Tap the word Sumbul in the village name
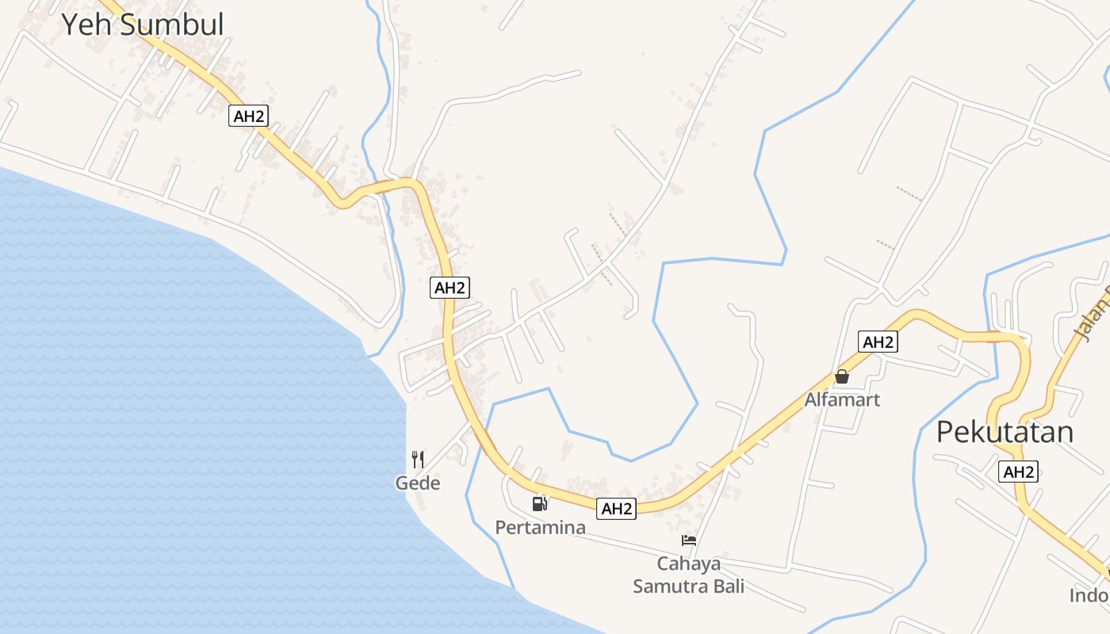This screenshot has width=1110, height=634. tap(172, 25)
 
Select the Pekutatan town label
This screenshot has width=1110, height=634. tap(1005, 432)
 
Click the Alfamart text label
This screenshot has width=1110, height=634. tap(842, 399)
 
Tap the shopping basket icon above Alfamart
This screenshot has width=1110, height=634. tap(842, 376)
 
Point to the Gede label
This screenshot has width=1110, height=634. tap(418, 483)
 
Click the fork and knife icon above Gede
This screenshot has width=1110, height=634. tap(418, 459)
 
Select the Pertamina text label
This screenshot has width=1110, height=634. tap(541, 527)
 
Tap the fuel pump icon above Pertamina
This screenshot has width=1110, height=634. tap(540, 503)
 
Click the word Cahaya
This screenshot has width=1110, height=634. tap(689, 563)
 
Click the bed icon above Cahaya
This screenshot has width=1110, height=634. tap(689, 540)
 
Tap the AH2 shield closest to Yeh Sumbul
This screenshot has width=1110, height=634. tap(249, 116)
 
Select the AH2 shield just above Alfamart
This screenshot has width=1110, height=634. tap(878, 342)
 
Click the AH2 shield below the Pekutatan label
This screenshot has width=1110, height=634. tap(1019, 472)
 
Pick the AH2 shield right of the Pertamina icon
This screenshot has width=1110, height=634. tap(616, 509)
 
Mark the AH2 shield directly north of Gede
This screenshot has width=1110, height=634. tap(450, 288)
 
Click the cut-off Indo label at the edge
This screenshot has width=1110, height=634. tap(1089, 595)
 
